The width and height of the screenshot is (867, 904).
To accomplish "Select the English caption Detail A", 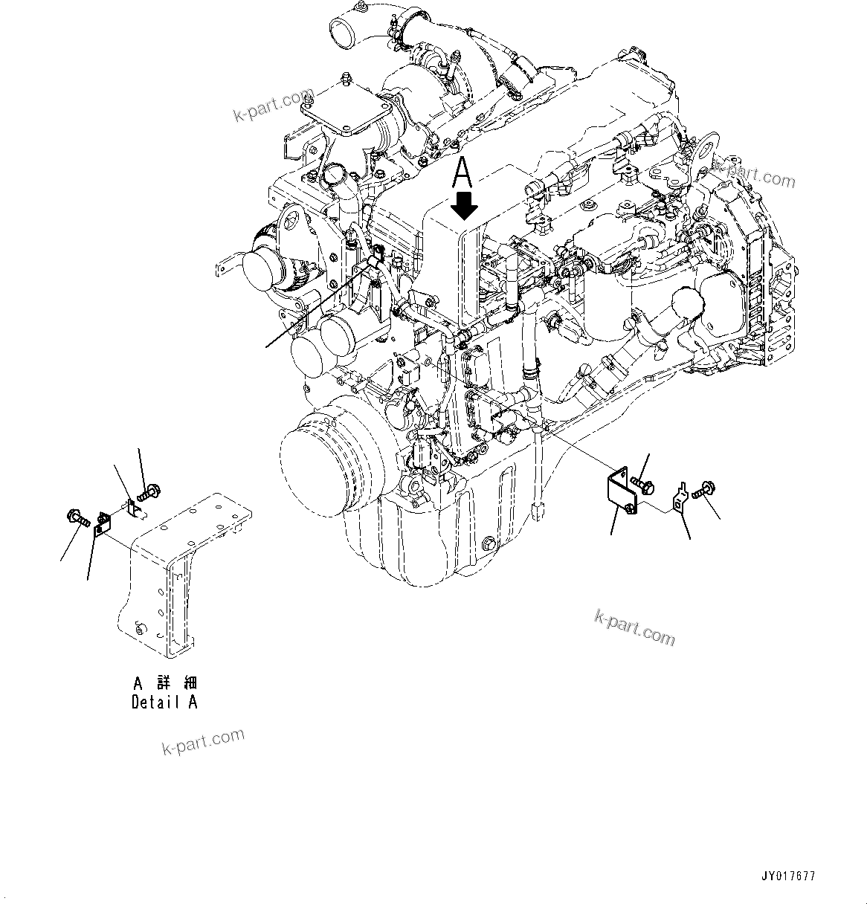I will [164, 702].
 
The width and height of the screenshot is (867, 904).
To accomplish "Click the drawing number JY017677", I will [788, 877].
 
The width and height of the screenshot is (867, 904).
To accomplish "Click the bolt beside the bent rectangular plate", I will [643, 485].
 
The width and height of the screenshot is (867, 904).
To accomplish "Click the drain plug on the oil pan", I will [487, 545].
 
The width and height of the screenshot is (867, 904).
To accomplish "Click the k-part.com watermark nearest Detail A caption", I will [203, 740].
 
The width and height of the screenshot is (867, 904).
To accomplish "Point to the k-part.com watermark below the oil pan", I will [634, 627].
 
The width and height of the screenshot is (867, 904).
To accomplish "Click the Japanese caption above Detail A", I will [164, 682].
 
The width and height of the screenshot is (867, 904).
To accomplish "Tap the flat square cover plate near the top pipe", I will [347, 108].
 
